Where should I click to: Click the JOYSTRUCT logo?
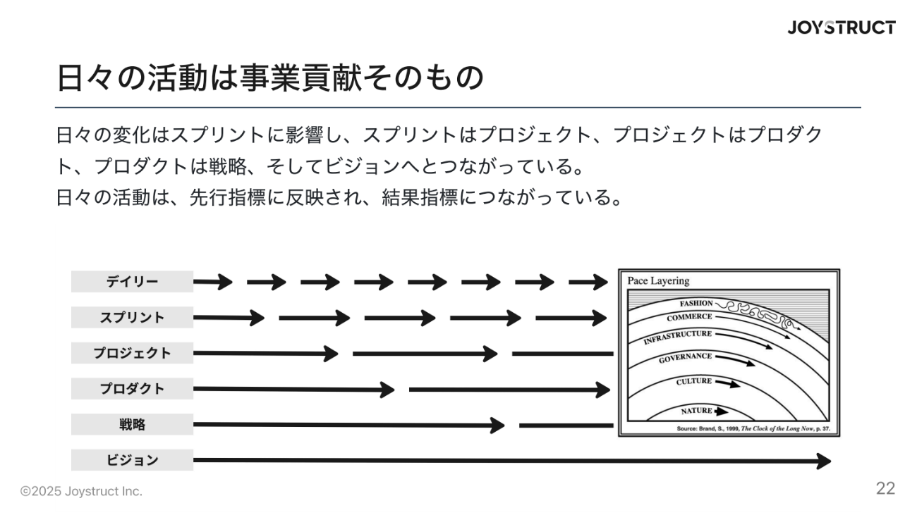pos(842,28)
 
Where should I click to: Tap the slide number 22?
pos(885,489)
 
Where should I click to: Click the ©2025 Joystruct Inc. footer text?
pos(81,492)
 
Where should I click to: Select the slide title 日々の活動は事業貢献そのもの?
pos(269,78)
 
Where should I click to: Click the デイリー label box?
pos(132,282)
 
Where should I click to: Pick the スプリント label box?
pos(132,317)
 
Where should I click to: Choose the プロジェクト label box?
pos(132,353)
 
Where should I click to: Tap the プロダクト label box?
pos(132,389)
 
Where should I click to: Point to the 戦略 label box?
pos(132,425)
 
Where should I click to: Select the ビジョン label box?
pos(132,461)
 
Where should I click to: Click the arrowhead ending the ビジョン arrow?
pos(824,461)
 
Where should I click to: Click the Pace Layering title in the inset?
pos(658,281)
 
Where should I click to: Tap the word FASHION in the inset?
pos(696,304)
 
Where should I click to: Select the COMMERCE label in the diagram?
pos(689,318)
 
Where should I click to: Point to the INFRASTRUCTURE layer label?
pos(677,337)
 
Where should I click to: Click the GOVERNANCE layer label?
pos(685,357)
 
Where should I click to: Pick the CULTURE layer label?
pos(694,382)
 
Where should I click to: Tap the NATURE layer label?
pos(697,411)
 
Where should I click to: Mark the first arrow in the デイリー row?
pos(213,283)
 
